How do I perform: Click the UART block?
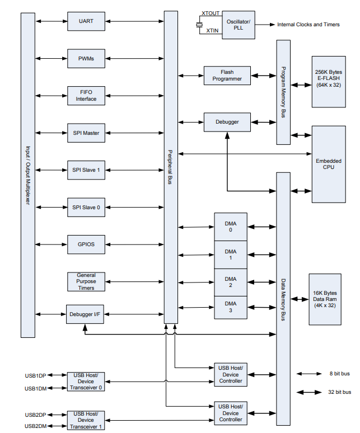(86, 22)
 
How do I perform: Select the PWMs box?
(86, 59)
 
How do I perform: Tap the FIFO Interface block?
(86, 95)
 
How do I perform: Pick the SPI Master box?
(86, 133)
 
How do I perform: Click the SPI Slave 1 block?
(86, 170)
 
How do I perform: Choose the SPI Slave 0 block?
(86, 207)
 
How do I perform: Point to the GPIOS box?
(86, 244)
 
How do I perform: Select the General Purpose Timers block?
(86, 281)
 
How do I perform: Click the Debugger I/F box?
(86, 314)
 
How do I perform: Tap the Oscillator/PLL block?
(238, 25)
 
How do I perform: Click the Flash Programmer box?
(227, 76)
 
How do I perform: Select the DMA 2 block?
(231, 282)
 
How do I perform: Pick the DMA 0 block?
(231, 227)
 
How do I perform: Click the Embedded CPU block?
(329, 164)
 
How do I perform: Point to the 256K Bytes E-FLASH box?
(329, 81)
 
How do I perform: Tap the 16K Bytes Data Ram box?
(324, 299)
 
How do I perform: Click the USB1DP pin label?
(35, 375)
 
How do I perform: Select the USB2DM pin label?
(35, 426)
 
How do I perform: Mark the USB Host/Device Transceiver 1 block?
(86, 420)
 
